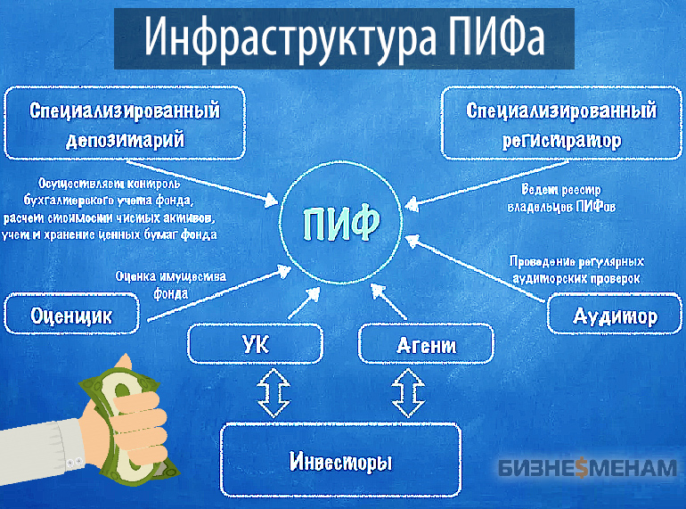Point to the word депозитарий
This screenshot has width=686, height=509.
point(125,140)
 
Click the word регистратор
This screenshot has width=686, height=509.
point(562,141)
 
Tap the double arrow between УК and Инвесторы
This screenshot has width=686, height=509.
point(274,392)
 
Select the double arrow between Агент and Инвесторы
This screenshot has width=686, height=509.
point(408,392)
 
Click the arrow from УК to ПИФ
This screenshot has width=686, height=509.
point(304,303)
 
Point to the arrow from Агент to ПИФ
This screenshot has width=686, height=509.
point(388,301)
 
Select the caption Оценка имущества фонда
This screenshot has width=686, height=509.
point(171,284)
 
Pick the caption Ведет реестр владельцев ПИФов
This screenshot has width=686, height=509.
point(561,198)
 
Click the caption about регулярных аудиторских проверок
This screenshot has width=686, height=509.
point(576,270)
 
